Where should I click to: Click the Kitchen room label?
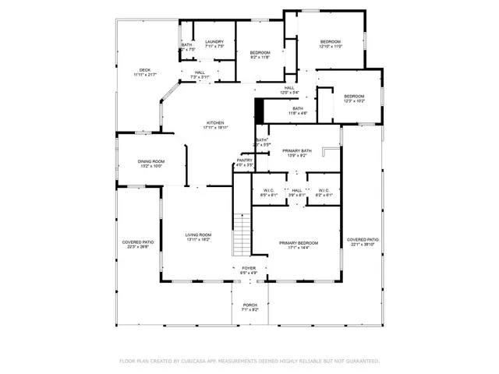click(215, 123)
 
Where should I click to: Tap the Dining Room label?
click(150, 161)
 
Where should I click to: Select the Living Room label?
click(197, 235)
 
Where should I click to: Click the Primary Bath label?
click(298, 150)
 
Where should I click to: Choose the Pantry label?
click(245, 161)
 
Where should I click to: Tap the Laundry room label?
click(214, 41)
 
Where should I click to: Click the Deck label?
click(145, 69)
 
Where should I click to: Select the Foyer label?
click(248, 268)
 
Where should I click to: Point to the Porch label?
click(249, 305)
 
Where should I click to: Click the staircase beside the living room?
click(243, 234)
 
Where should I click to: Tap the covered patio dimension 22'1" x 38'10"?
click(363, 245)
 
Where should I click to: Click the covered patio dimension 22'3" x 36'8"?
click(136, 247)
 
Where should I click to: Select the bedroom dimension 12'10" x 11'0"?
click(331, 47)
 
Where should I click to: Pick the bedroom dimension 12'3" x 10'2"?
click(355, 101)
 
